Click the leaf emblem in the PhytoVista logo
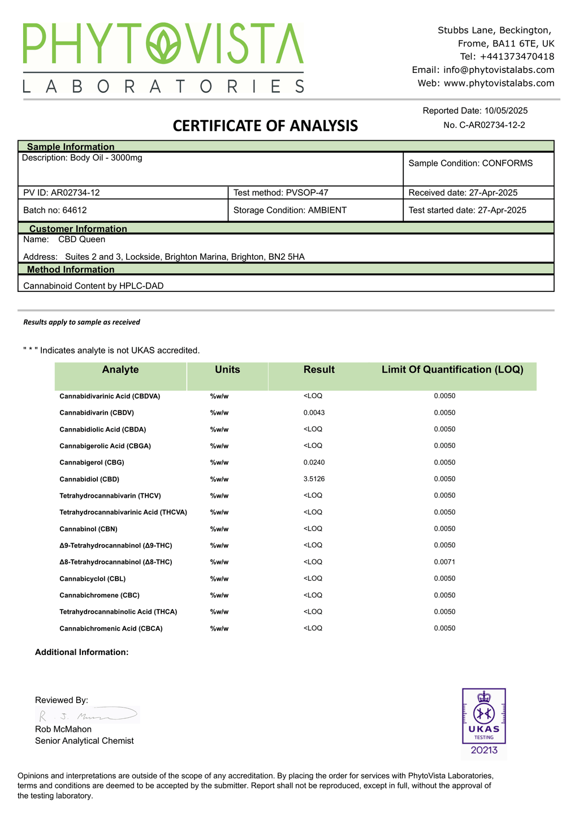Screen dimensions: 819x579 [163, 44]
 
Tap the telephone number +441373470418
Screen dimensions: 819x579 [517, 57]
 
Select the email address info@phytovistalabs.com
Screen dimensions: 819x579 [499, 70]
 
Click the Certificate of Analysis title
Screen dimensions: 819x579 [265, 126]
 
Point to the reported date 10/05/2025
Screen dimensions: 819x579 [506, 111]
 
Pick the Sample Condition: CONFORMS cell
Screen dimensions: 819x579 [470, 163]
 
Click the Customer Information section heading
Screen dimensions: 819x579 [78, 229]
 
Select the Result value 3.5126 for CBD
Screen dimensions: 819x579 [314, 479]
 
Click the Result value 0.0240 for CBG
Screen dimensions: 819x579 [314, 463]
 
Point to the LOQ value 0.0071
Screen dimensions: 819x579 [444, 562]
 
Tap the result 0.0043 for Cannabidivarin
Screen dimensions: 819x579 [314, 413]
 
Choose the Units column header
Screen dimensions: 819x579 [227, 370]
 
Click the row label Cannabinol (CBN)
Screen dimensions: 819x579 [88, 529]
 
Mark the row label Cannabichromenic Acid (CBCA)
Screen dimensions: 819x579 [111, 629]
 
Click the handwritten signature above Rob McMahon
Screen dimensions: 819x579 [88, 715]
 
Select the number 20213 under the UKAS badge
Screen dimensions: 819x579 [484, 751]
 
